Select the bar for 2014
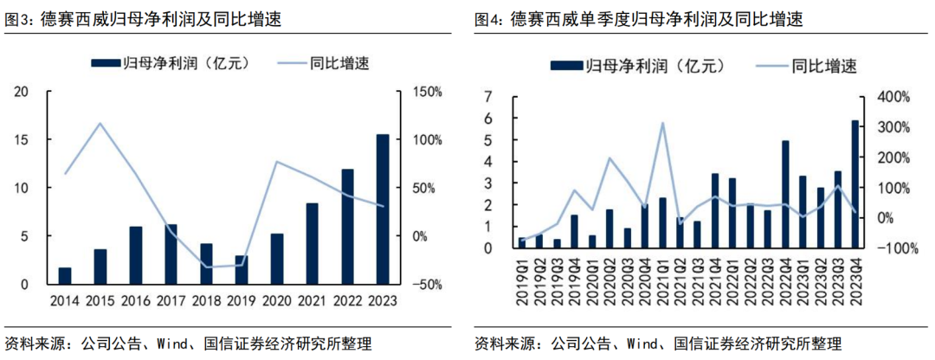coord(65,276)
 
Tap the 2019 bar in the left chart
coord(242,270)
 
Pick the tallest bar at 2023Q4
coord(855,184)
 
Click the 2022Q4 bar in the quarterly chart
coord(785,195)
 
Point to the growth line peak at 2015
coord(100,123)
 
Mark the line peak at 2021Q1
coord(663,123)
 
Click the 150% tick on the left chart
coord(427,92)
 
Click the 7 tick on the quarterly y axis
coord(489,97)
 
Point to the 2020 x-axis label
coord(277,299)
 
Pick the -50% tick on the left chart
coord(427,285)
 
